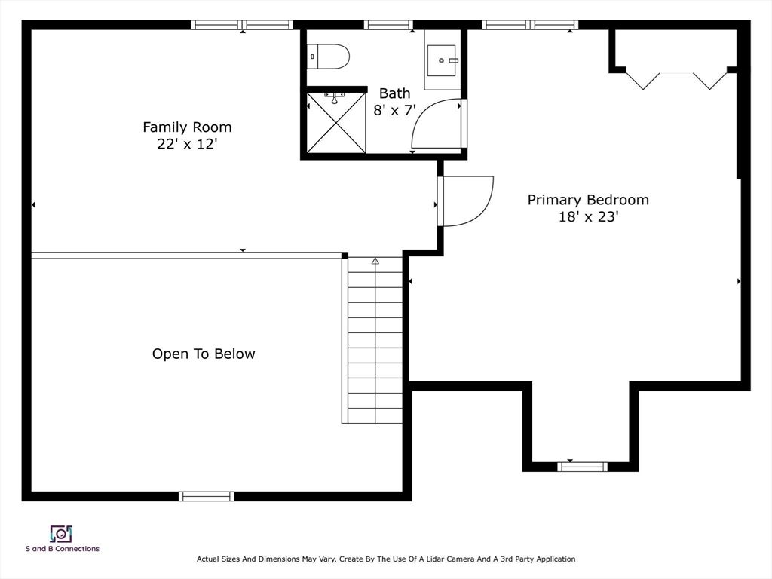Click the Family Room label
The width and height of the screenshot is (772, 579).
pyautogui.click(x=187, y=127)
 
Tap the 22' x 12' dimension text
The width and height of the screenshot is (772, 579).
pyautogui.click(x=187, y=144)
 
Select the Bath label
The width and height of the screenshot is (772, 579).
pyautogui.click(x=394, y=93)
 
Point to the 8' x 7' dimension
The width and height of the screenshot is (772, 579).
pyautogui.click(x=394, y=110)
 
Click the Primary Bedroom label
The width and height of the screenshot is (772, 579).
pyautogui.click(x=588, y=200)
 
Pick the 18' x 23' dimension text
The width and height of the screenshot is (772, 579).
pyautogui.click(x=588, y=216)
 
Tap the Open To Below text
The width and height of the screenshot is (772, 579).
pyautogui.click(x=204, y=354)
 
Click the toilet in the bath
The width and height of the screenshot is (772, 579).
pyautogui.click(x=328, y=56)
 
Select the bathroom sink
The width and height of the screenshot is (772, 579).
pyautogui.click(x=442, y=60)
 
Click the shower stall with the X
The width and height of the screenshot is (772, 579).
pyautogui.click(x=336, y=123)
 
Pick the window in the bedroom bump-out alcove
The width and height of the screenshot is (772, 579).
pyautogui.click(x=583, y=467)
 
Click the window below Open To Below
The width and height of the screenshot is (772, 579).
pyautogui.click(x=207, y=496)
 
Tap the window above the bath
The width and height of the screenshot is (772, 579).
pyautogui.click(x=388, y=25)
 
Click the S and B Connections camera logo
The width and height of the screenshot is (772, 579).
pyautogui.click(x=62, y=535)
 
